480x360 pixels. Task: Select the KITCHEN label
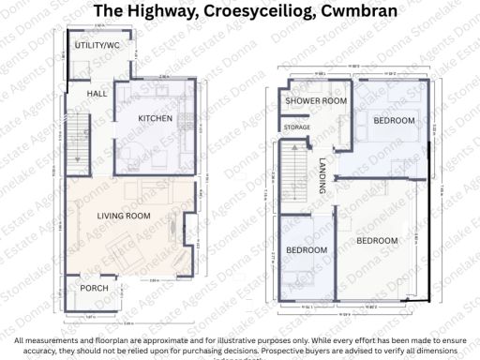pos(155,118)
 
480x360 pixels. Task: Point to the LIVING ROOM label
pos(124,217)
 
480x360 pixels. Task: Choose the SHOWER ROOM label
pos(316,100)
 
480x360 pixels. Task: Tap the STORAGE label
pos(297,127)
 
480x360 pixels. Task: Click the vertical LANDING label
pos(322,174)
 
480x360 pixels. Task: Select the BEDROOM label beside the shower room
pos(394,120)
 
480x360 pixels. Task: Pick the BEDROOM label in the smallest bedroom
pos(306,250)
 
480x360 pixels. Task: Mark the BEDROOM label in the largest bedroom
pos(378,241)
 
